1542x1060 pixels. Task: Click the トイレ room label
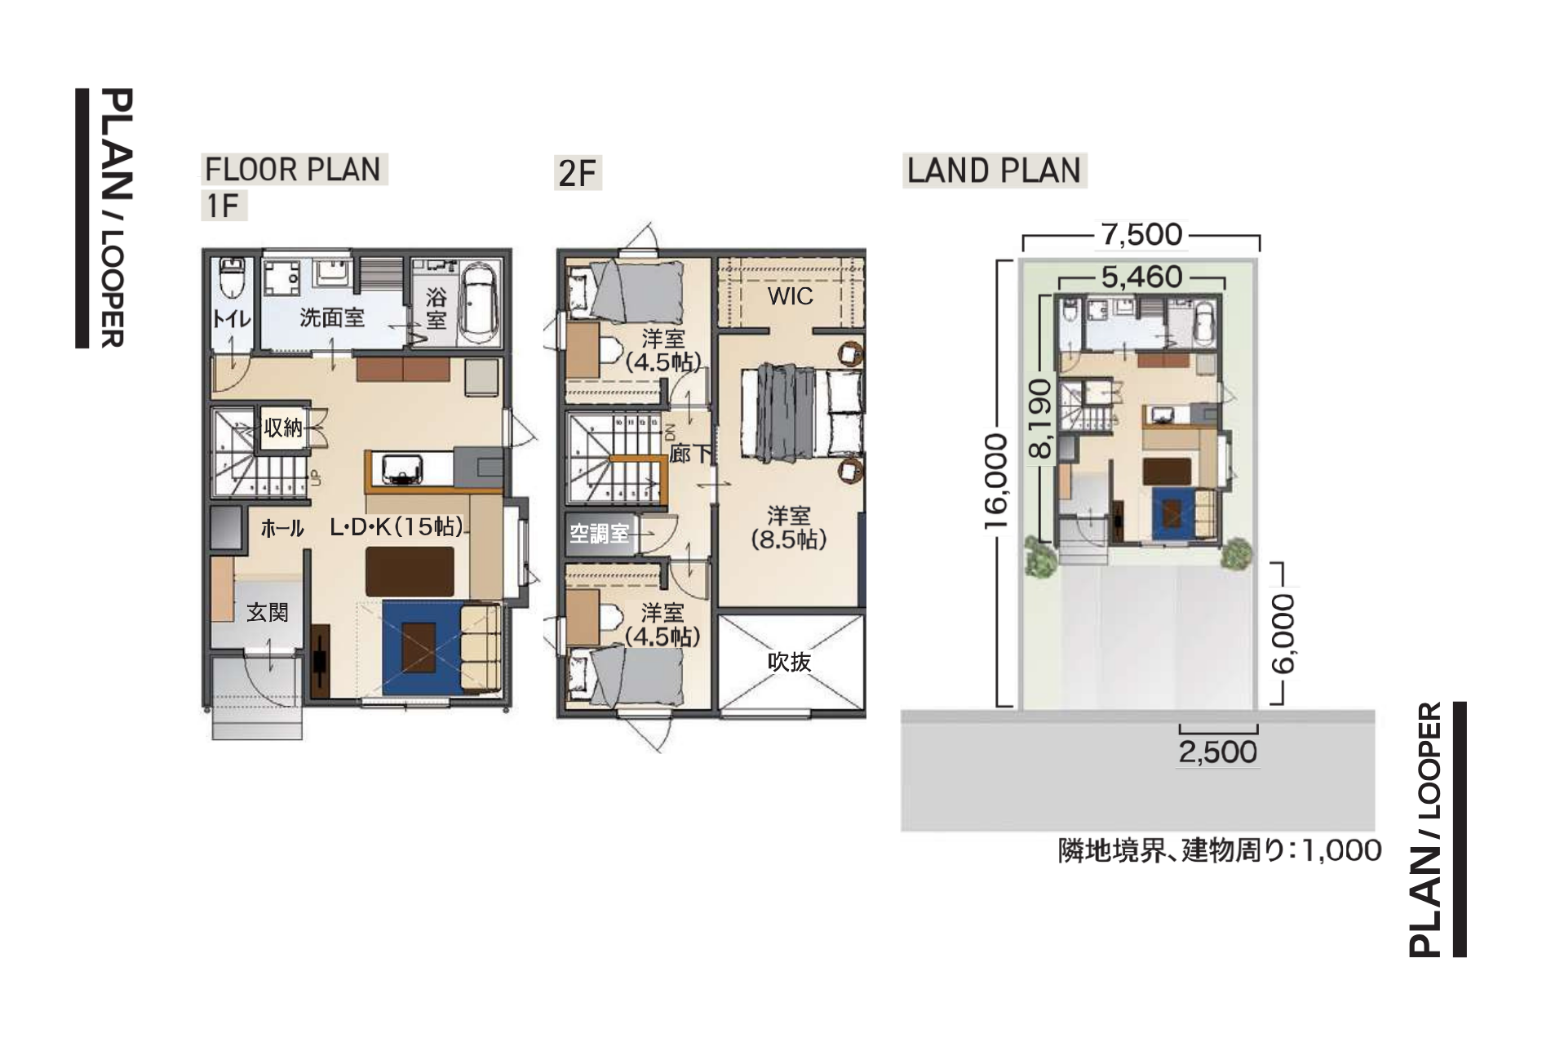pyautogui.click(x=232, y=318)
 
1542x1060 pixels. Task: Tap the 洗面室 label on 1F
pyautogui.click(x=331, y=317)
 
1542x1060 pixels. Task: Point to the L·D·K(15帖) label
pyautogui.click(x=397, y=527)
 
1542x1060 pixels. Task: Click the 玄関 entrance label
pyautogui.click(x=268, y=612)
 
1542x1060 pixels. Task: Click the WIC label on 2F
pyautogui.click(x=790, y=296)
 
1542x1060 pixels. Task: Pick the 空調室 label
pyautogui.click(x=600, y=534)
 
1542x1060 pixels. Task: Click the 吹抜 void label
pyautogui.click(x=789, y=662)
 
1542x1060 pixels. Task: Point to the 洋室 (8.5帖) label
pyautogui.click(x=788, y=527)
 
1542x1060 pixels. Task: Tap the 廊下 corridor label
pyautogui.click(x=690, y=454)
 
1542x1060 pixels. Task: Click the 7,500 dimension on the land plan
pyautogui.click(x=1141, y=235)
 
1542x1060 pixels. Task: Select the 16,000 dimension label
pyautogui.click(x=998, y=481)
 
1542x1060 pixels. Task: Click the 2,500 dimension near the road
pyautogui.click(x=1217, y=752)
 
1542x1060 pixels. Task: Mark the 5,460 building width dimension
pyautogui.click(x=1141, y=277)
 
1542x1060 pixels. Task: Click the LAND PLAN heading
pyautogui.click(x=994, y=171)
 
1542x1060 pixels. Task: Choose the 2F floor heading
pyautogui.click(x=577, y=174)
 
